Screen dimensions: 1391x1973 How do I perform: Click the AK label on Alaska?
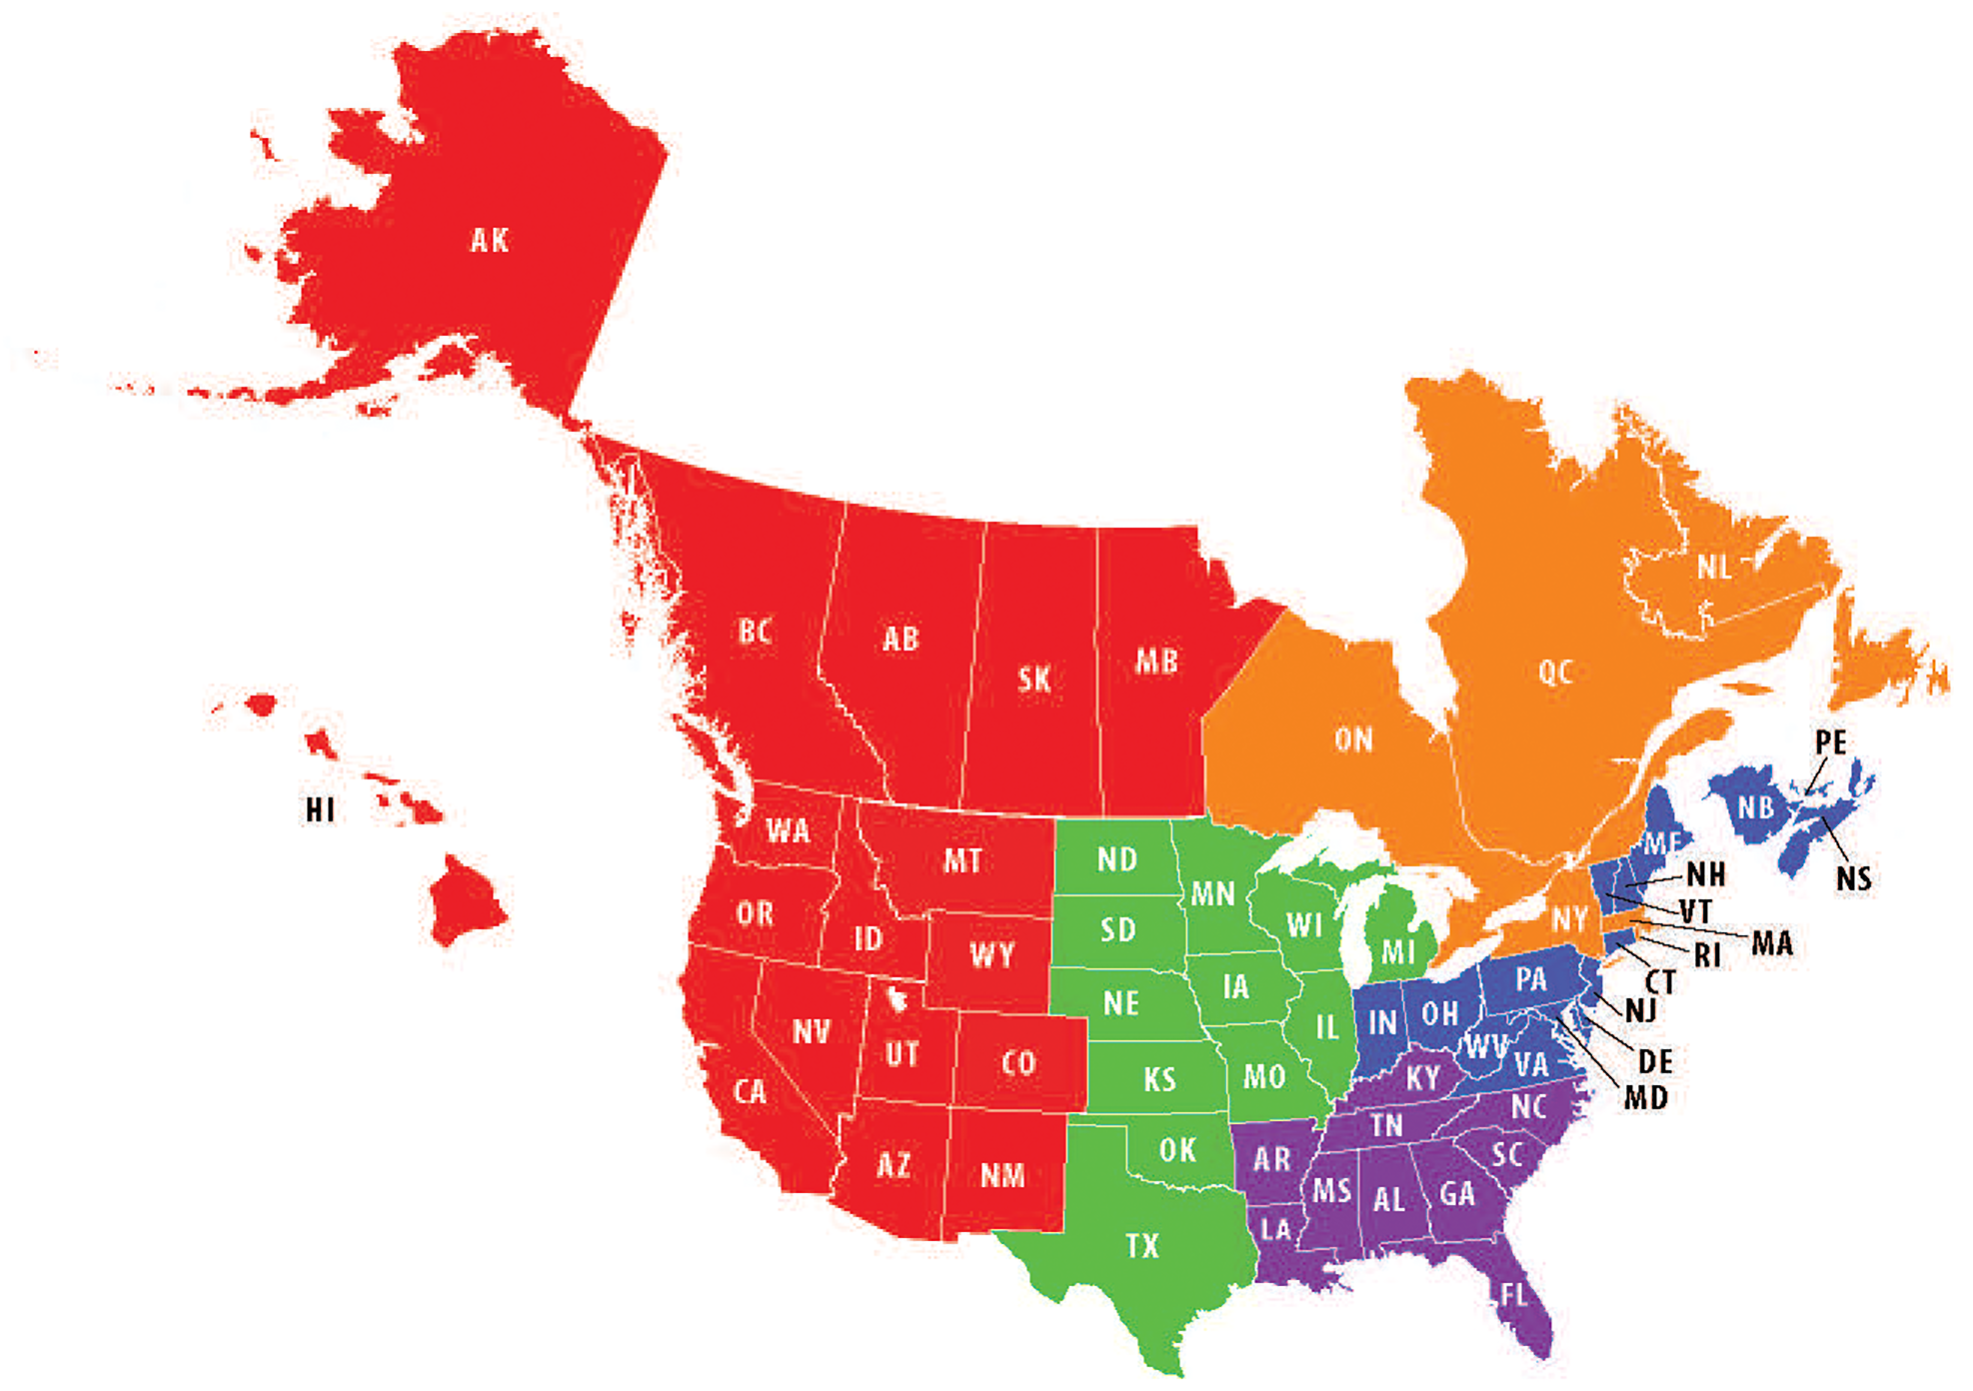click(x=490, y=241)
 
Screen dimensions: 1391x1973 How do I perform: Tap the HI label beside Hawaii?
click(x=320, y=809)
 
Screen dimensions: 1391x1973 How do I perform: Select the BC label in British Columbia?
click(x=755, y=632)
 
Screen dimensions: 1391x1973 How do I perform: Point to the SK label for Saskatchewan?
click(x=1034, y=681)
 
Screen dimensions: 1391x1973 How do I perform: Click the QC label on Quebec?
click(x=1555, y=673)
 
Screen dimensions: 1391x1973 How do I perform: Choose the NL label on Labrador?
click(x=1714, y=569)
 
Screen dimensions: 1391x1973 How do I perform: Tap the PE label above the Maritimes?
click(x=1830, y=742)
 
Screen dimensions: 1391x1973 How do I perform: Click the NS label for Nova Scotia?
click(x=1853, y=878)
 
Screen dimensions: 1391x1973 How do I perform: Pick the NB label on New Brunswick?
click(x=1755, y=807)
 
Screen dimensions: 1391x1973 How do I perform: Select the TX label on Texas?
click(x=1141, y=1246)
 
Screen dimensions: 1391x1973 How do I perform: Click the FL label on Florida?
click(x=1513, y=1296)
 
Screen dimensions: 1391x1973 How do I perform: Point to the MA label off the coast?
click(x=1772, y=943)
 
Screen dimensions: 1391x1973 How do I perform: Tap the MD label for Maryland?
click(x=1645, y=1098)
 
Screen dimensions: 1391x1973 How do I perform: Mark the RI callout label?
click(x=1707, y=955)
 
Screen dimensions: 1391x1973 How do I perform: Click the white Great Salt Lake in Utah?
click(x=897, y=997)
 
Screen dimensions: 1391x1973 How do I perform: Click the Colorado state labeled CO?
click(x=1018, y=1063)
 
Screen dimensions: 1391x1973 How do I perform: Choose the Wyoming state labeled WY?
click(x=991, y=955)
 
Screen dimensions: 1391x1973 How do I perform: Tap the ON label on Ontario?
click(x=1353, y=740)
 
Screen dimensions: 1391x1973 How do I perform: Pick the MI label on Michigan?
click(x=1397, y=951)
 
